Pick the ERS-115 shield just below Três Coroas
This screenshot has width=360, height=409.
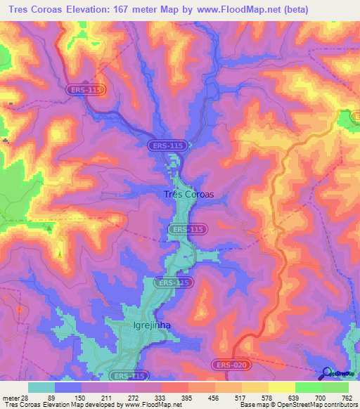coord(187,230)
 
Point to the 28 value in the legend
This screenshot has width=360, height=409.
coord(27,398)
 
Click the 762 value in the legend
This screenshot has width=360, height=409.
coord(346,398)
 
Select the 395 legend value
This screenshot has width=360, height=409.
coord(186,398)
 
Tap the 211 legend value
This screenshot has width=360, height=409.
coord(106,398)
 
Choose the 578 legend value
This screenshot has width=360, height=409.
coord(266,398)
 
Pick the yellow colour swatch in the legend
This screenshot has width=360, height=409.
coord(281,387)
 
